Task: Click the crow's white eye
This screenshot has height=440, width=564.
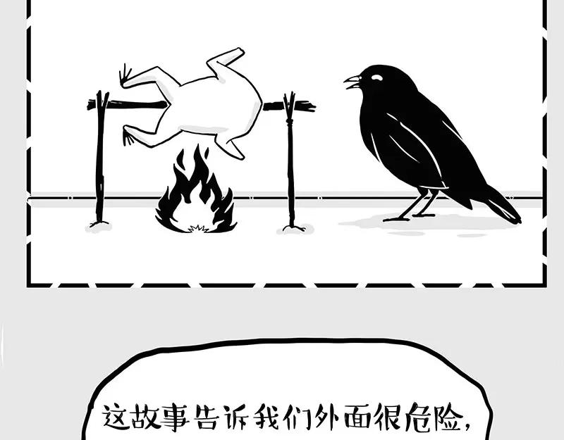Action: [376, 78]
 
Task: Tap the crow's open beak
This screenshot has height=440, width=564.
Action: [352, 82]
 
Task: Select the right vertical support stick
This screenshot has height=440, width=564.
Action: [290, 162]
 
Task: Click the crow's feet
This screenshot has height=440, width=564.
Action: [409, 215]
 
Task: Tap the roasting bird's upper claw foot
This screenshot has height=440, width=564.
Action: [126, 75]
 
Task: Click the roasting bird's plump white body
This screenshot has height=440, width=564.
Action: [211, 106]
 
